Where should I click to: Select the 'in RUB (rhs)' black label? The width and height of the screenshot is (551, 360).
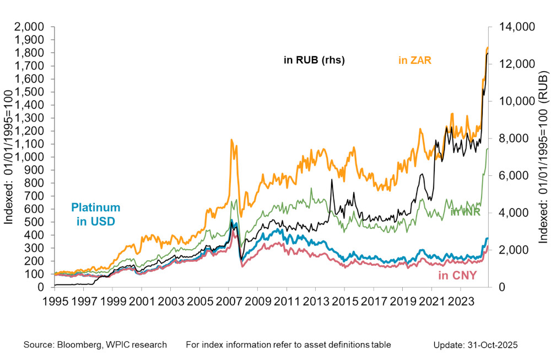314,61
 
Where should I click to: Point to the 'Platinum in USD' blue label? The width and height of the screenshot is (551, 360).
95,214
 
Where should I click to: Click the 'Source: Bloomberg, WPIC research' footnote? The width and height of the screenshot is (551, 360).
95,345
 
